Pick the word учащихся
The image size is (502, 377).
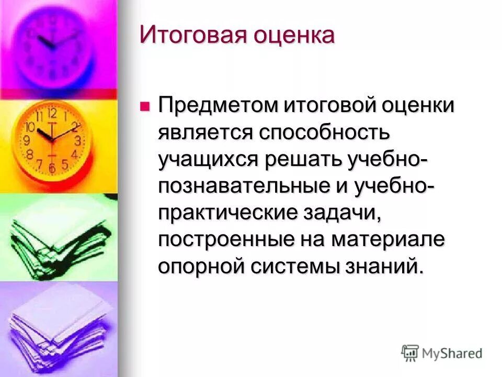click(x=208, y=160)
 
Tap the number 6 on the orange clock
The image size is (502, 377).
click(x=52, y=168)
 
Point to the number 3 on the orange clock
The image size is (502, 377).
click(x=78, y=141)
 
